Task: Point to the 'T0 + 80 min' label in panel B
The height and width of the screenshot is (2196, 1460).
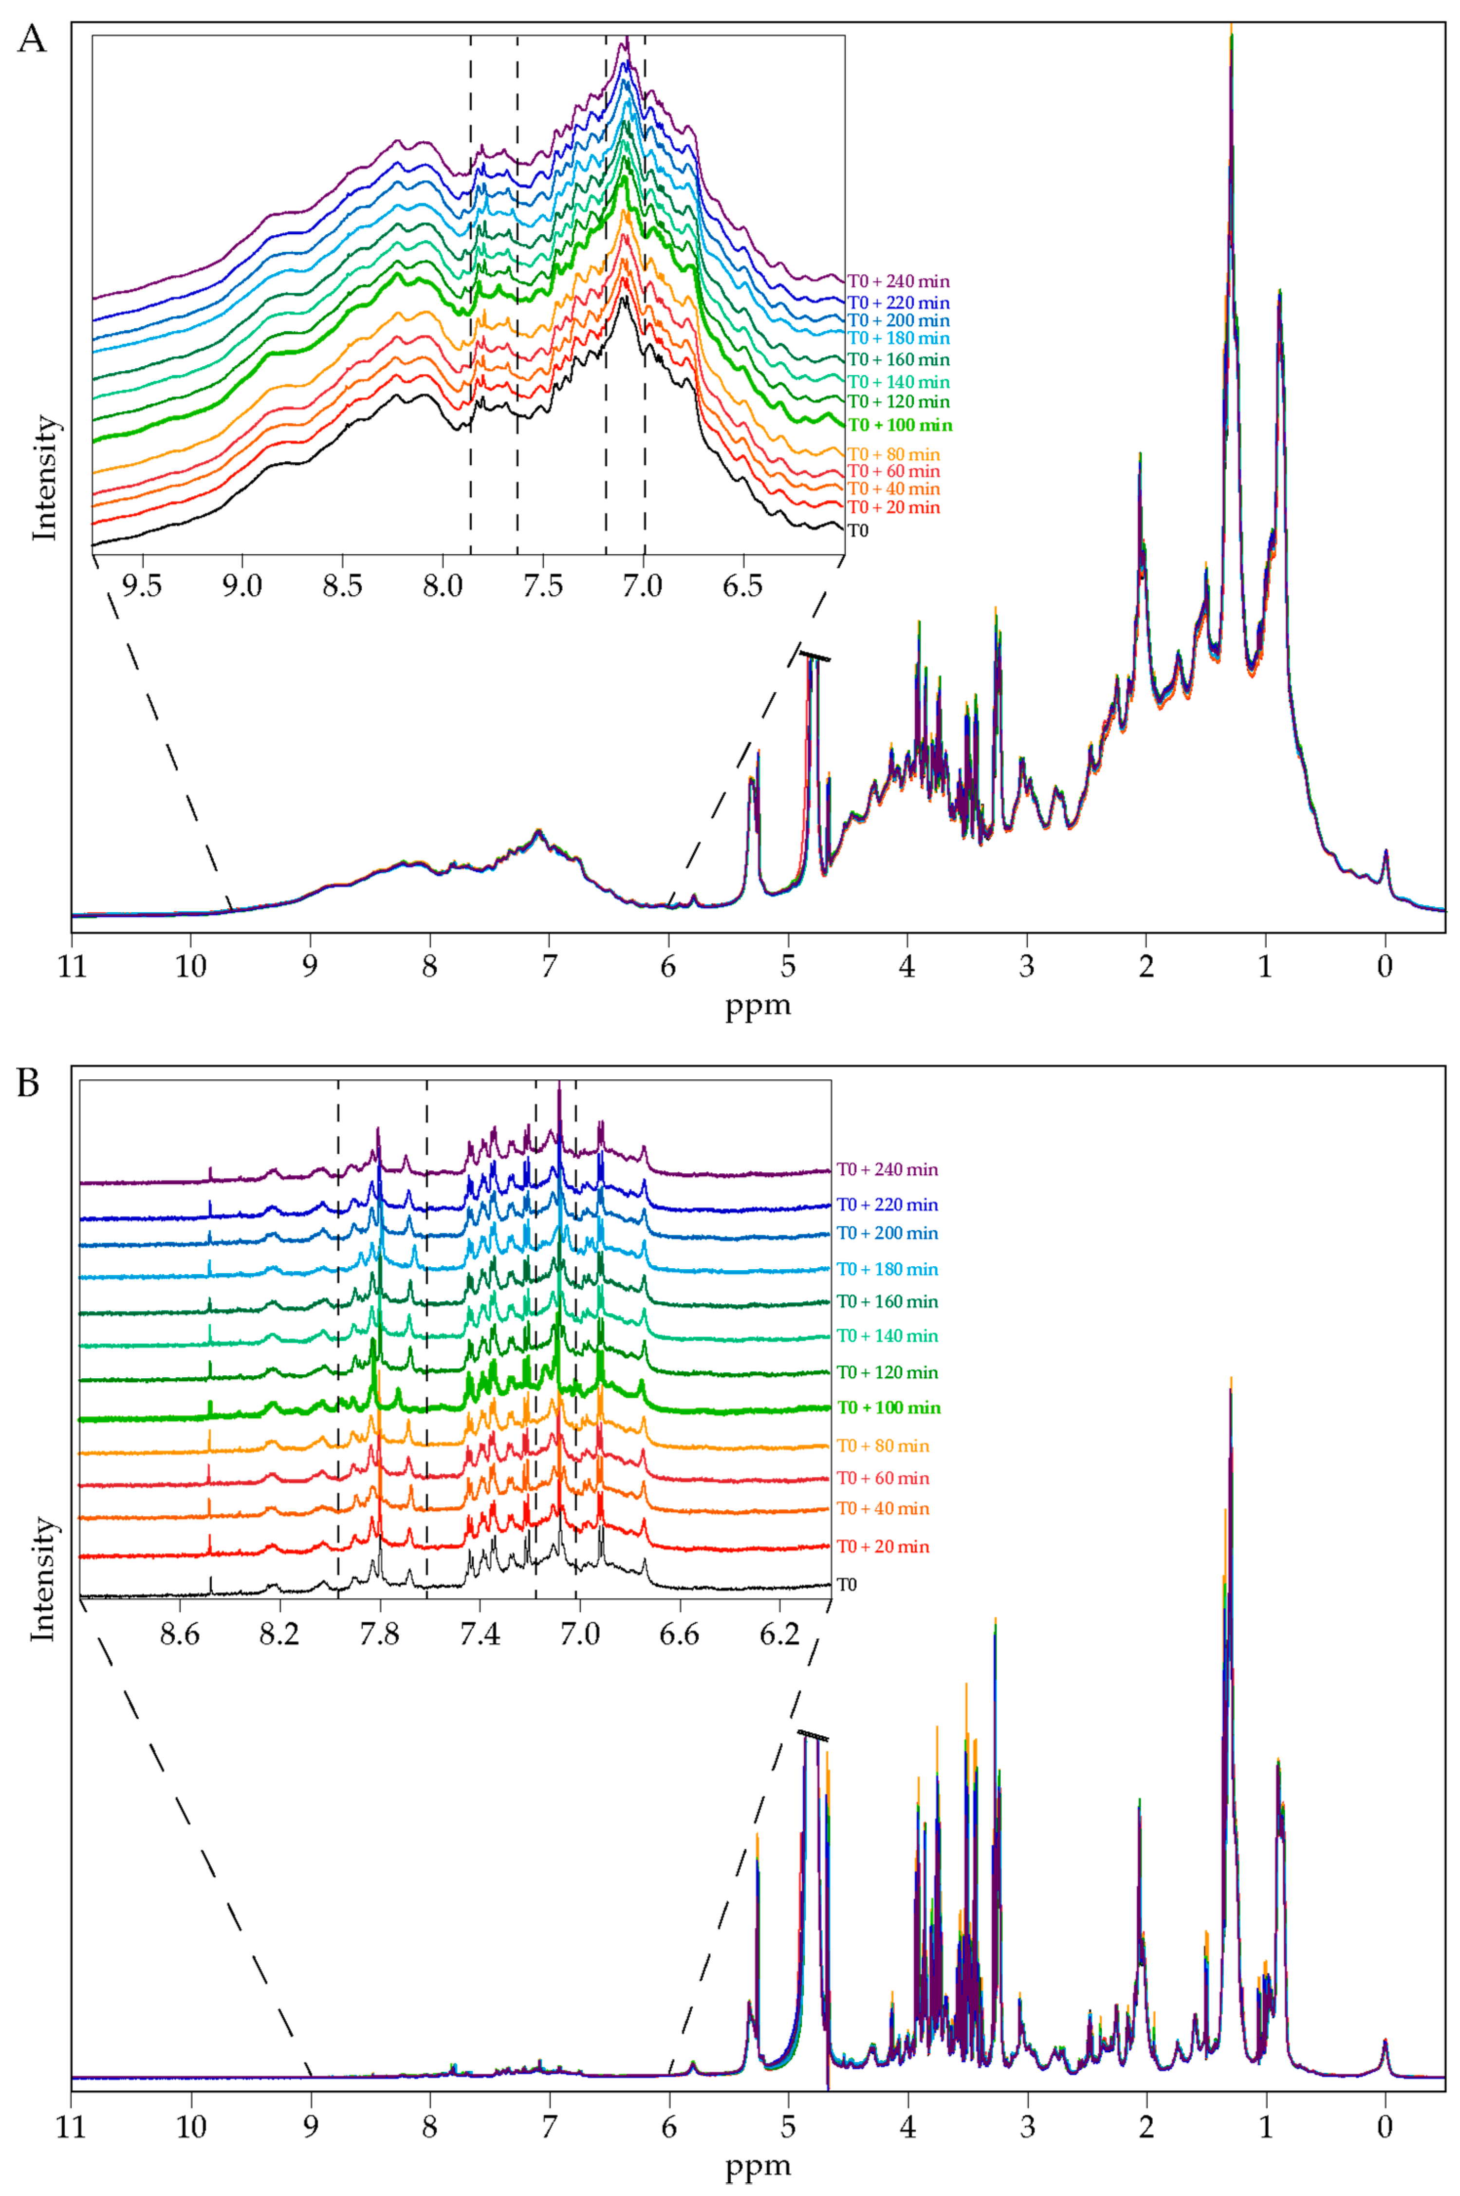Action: click(x=883, y=1445)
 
